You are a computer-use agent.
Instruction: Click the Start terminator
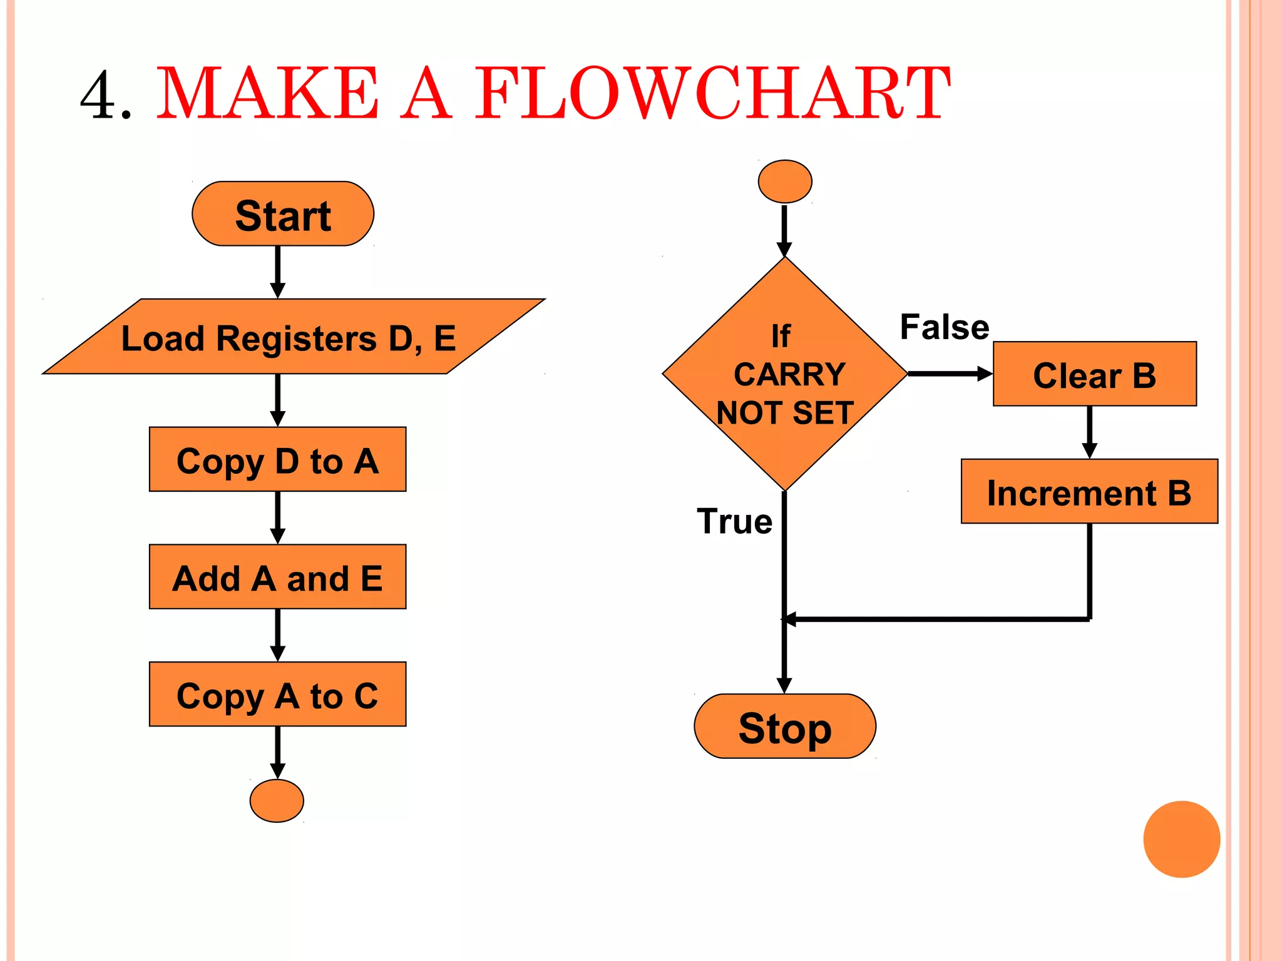point(283,214)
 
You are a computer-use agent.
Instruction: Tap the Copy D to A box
point(277,459)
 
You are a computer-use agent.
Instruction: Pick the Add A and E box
point(277,576)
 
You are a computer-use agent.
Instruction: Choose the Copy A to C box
point(277,694)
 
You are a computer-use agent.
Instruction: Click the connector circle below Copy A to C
point(277,800)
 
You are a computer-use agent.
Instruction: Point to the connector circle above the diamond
point(785,181)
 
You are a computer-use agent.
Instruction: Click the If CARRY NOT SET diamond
point(785,374)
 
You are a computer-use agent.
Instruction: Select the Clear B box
point(1094,374)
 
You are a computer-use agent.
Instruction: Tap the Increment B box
point(1089,491)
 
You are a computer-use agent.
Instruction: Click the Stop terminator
point(785,726)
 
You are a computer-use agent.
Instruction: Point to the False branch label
point(945,327)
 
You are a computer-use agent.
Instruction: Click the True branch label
point(735,521)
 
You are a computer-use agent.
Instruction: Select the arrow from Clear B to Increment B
point(1089,432)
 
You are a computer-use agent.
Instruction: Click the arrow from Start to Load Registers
point(278,272)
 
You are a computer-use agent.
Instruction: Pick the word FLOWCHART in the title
point(712,94)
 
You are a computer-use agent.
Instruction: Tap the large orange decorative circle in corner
point(1181,839)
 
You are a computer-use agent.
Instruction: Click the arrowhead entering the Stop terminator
point(784,684)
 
